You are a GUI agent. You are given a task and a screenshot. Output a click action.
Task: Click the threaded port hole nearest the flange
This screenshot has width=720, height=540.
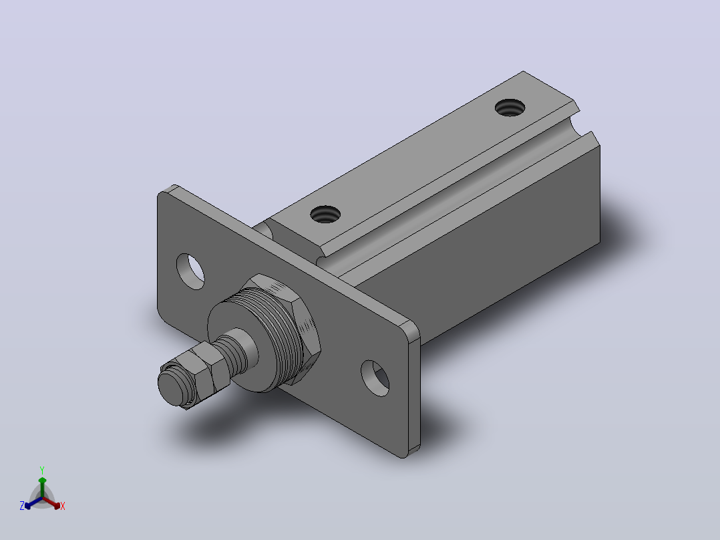coord(325,214)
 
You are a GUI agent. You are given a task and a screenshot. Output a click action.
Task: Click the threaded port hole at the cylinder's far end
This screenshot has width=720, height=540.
coord(510,108)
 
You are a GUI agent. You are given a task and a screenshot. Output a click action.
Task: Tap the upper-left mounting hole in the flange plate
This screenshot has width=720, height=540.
coord(190,271)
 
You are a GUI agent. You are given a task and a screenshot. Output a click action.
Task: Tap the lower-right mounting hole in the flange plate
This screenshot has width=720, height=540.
coord(375,378)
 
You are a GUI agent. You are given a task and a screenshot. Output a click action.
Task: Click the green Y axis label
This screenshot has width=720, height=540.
coord(42,470)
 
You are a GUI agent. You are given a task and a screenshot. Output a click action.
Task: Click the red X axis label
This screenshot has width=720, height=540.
coord(63,506)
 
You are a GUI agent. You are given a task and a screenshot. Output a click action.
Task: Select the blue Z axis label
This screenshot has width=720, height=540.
coord(21,506)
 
